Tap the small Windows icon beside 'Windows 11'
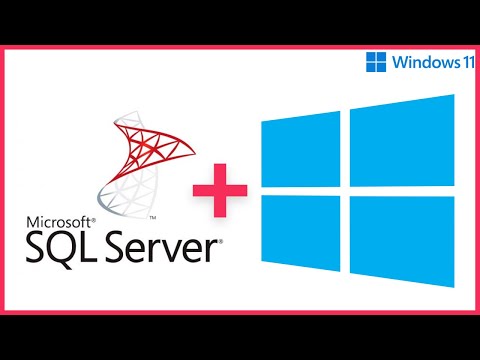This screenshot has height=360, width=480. [376, 62]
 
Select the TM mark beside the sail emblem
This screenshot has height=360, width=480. [151, 216]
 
